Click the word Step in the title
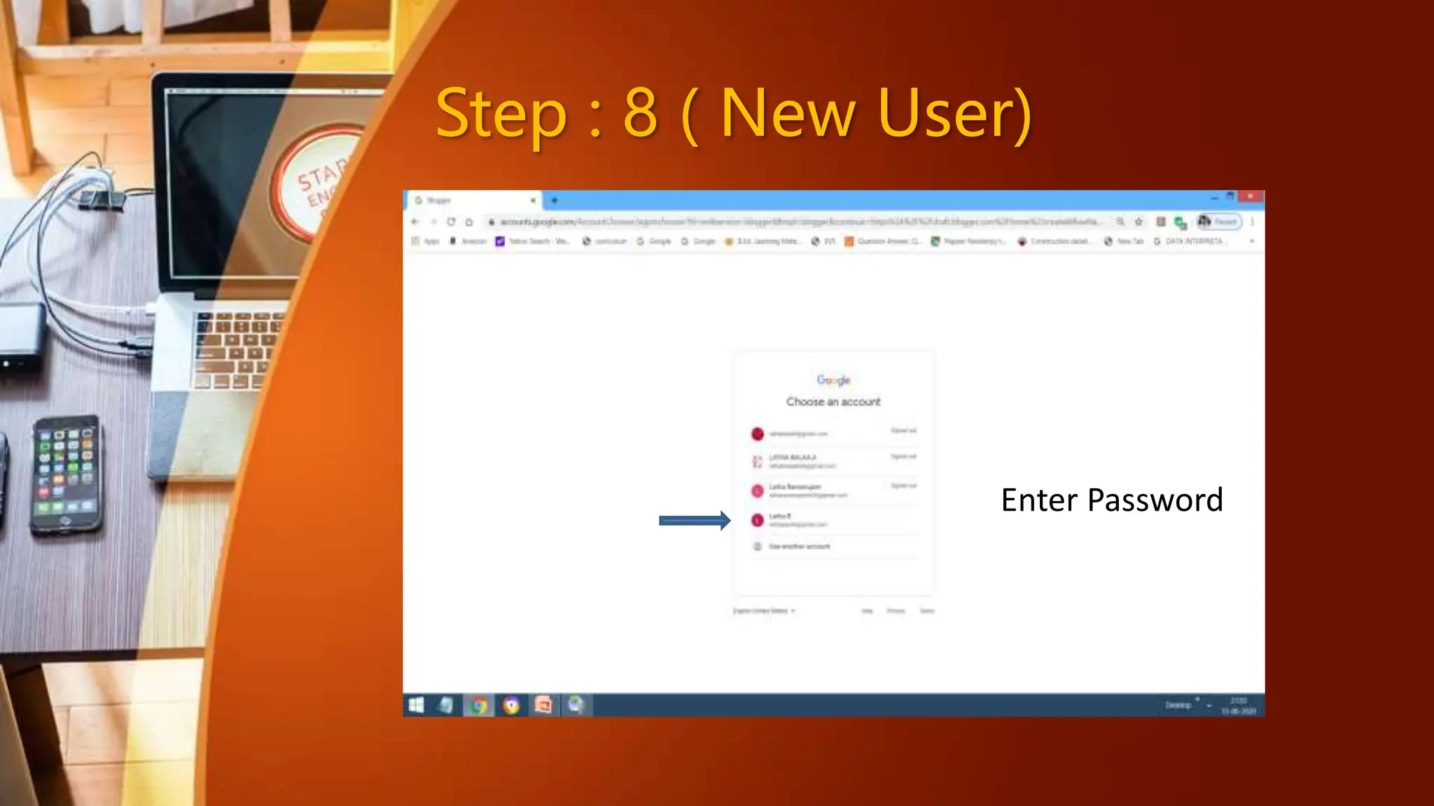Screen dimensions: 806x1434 (501, 114)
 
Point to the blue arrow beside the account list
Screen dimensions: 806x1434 (694, 520)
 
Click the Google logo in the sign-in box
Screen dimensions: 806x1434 (833, 380)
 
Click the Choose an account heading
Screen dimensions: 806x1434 (833, 402)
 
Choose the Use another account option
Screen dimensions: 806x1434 (799, 546)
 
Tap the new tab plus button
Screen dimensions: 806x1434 (554, 200)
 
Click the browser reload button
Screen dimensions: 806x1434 (451, 222)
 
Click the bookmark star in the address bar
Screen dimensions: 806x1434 (1139, 222)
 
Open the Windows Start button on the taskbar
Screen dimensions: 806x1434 (416, 705)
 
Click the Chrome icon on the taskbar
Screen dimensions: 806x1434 (479, 705)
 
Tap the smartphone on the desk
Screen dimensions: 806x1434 (65, 474)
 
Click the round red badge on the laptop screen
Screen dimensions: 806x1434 (319, 183)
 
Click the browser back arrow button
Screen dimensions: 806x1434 (415, 222)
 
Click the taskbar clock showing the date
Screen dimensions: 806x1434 (1239, 705)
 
